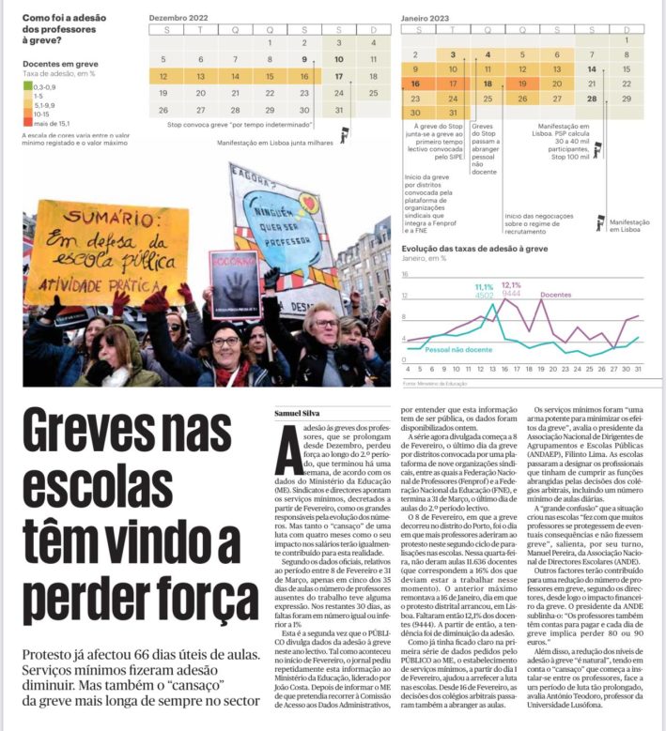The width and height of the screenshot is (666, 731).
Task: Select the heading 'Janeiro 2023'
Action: click(426, 17)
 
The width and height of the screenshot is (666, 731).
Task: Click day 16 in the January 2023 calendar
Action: click(415, 84)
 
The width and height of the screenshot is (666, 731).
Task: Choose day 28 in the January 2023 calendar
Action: click(591, 98)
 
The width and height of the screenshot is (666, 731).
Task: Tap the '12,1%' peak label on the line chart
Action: click(511, 284)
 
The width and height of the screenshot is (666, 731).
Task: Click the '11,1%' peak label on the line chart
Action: click(484, 286)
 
